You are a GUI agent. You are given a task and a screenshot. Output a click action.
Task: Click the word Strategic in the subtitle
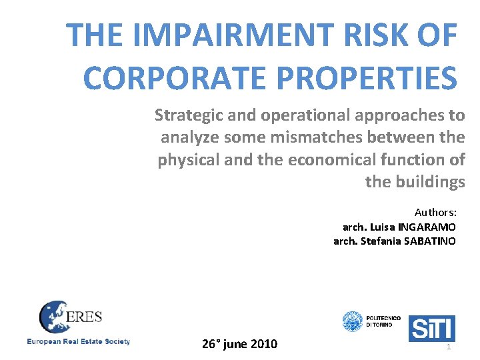point(188,115)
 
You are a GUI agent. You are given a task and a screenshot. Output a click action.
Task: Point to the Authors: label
point(435,213)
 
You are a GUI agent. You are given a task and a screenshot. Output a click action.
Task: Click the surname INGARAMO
point(427,227)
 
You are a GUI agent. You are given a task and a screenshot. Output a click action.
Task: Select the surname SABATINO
point(430,241)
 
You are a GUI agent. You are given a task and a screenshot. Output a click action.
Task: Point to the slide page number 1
point(449,347)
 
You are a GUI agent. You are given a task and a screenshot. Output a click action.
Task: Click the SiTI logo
point(431,327)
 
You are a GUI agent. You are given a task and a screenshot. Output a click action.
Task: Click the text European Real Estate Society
point(79,342)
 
